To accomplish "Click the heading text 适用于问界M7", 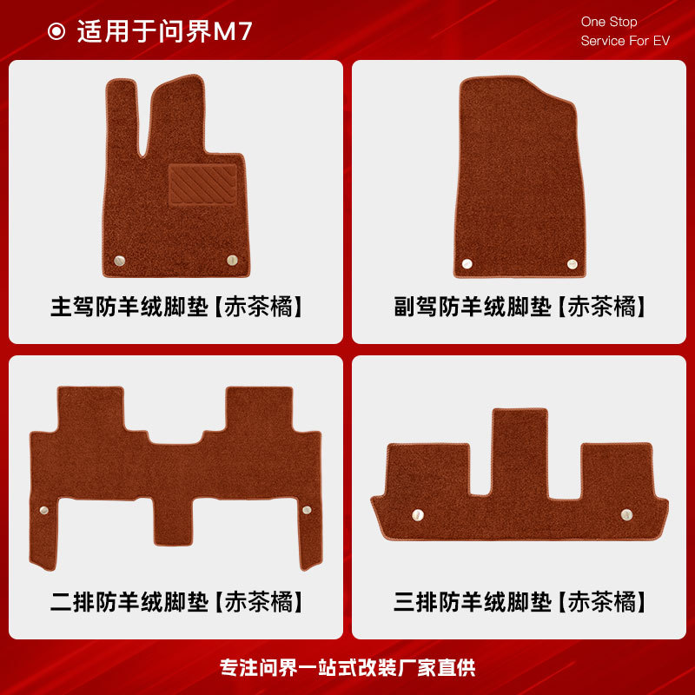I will click(165, 32).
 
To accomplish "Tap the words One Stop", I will click(609, 22).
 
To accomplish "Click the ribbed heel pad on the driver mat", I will click(202, 184).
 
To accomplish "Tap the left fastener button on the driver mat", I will click(120, 260).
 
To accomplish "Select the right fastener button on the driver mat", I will click(232, 260).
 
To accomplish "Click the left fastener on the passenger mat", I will click(467, 263).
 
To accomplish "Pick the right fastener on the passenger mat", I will click(571, 264).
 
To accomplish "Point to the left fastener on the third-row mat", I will click(418, 514).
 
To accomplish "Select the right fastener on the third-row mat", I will click(626, 514).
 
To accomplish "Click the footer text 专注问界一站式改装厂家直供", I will click(347, 668).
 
